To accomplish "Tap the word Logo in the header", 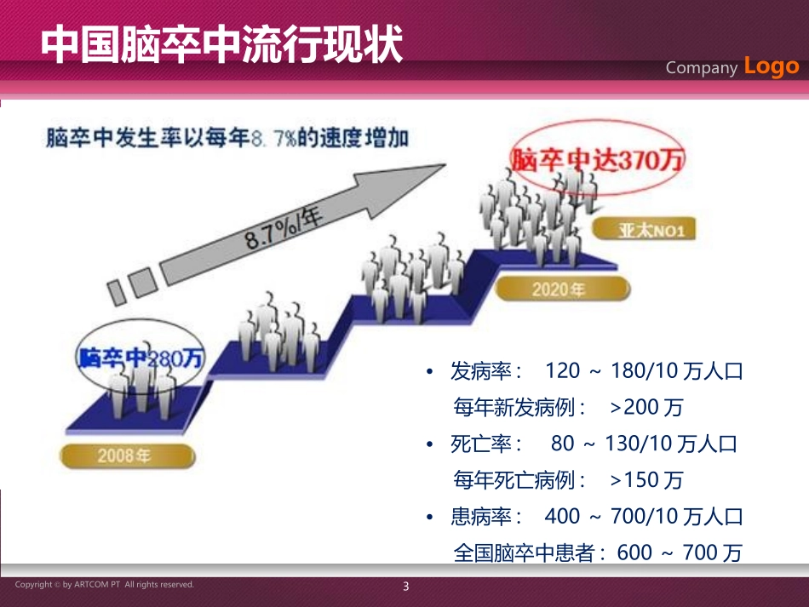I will [772, 66].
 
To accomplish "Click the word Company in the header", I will [701, 68].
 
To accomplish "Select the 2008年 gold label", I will [124, 455].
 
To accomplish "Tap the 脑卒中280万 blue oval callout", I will [140, 358].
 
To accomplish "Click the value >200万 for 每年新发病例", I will [646, 408].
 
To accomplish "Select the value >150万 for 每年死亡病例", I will [646, 480].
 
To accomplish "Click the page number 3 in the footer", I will [405, 587].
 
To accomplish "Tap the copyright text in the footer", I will [104, 585].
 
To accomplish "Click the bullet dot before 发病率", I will [432, 373].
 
